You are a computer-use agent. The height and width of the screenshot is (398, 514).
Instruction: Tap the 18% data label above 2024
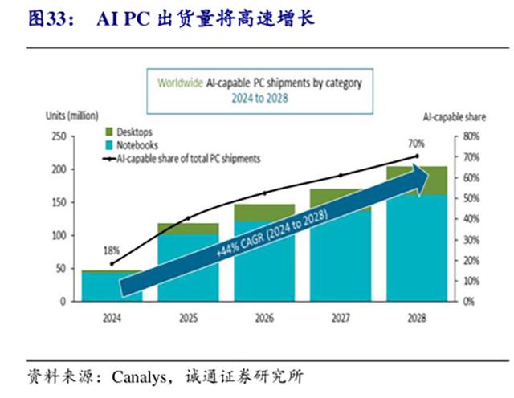click(x=111, y=250)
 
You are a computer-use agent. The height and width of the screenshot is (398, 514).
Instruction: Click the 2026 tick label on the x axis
click(x=264, y=318)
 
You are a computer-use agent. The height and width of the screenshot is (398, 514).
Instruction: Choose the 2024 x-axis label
click(x=112, y=318)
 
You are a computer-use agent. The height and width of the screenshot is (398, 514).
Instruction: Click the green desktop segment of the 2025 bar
click(x=188, y=229)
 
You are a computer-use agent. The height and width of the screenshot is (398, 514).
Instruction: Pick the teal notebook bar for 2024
click(x=112, y=287)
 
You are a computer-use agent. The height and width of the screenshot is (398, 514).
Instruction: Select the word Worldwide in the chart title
click(x=179, y=83)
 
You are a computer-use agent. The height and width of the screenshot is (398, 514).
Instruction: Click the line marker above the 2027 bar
click(x=341, y=175)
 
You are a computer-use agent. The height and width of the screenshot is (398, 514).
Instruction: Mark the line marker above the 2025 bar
click(x=188, y=218)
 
